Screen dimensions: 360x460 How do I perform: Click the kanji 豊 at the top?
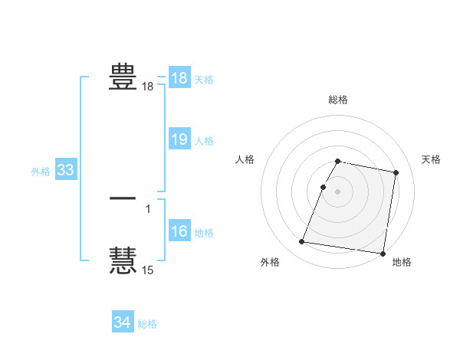point(123,77)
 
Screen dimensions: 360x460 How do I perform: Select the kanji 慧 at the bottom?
point(123,259)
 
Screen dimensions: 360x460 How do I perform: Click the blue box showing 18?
point(179,78)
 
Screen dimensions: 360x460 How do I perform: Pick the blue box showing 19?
point(179,139)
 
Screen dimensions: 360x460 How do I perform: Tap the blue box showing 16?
point(179,232)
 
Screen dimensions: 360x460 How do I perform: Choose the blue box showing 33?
point(65,171)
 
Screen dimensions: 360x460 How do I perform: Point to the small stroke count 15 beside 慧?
point(148,270)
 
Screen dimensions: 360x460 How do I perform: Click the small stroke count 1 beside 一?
point(148,208)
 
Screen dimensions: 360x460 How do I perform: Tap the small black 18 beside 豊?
point(148,87)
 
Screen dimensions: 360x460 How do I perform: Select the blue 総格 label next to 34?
point(147,324)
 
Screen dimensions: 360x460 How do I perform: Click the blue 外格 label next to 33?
point(41,172)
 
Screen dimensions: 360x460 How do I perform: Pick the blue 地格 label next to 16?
point(204,233)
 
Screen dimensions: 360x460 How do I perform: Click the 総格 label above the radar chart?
point(338,100)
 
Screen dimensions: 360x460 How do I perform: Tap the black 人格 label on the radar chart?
point(245,159)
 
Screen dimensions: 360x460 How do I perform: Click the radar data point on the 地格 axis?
point(382,253)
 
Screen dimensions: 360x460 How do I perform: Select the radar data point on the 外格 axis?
point(302,242)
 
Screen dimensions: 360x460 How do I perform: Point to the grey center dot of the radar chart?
point(338,191)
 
